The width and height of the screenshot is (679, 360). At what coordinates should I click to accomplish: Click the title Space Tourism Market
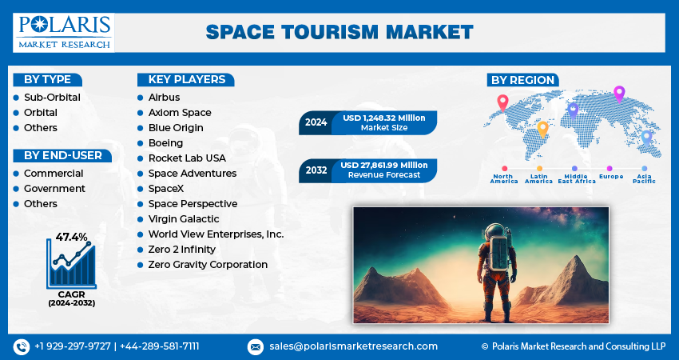pyautogui.click(x=339, y=32)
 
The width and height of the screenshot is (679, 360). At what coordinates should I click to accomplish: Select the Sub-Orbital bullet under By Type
pyautogui.click(x=52, y=98)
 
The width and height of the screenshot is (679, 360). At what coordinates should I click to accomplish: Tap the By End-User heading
pyautogui.click(x=63, y=155)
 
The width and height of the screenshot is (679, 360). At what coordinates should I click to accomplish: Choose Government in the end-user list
pyautogui.click(x=54, y=189)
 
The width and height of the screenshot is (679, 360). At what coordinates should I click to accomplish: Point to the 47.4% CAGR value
pyautogui.click(x=71, y=237)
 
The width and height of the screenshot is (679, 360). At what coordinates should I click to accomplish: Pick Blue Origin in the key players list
pyautogui.click(x=176, y=128)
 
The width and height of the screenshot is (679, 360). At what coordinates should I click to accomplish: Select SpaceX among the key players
pyautogui.click(x=166, y=189)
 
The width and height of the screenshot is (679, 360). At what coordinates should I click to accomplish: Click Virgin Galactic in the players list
pyautogui.click(x=184, y=219)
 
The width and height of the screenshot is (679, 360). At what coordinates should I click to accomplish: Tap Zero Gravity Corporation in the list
pyautogui.click(x=208, y=265)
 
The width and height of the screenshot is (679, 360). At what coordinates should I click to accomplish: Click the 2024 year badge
pyautogui.click(x=316, y=123)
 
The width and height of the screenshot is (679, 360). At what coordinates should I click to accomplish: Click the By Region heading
pyautogui.click(x=522, y=80)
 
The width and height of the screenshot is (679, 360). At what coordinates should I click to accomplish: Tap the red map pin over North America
pyautogui.click(x=502, y=102)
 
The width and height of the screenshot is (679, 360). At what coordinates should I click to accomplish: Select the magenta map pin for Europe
pyautogui.click(x=618, y=94)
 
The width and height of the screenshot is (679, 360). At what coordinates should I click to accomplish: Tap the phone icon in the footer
pyautogui.click(x=22, y=346)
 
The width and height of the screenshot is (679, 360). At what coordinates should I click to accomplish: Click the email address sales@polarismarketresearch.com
pyautogui.click(x=353, y=346)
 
